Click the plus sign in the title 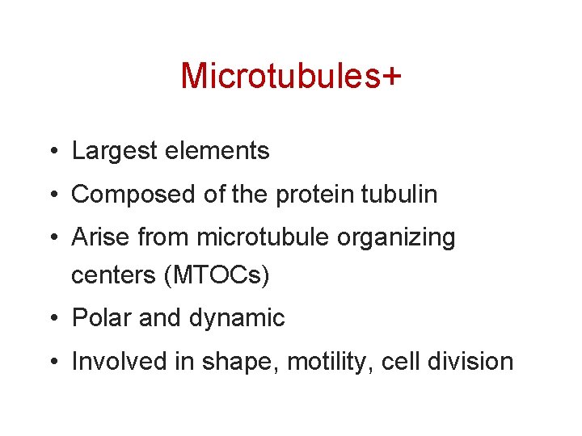[390, 77]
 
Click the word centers [114, 275]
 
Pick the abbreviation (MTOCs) [217, 275]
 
